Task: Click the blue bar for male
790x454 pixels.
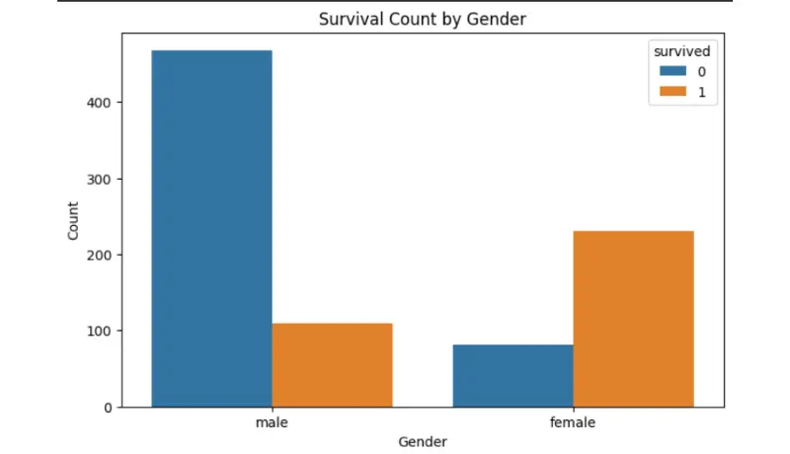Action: (211, 229)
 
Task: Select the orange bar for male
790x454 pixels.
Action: (332, 365)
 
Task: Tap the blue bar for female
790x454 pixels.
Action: (513, 375)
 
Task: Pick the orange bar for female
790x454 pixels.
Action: (633, 319)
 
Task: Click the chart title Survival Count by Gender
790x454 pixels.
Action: (423, 19)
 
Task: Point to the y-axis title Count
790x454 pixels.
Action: (73, 221)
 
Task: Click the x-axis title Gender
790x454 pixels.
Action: (423, 441)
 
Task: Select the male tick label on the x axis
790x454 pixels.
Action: (272, 421)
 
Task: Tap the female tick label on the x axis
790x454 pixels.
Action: (573, 421)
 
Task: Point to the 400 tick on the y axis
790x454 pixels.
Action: (98, 103)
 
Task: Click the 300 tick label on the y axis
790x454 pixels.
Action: (98, 180)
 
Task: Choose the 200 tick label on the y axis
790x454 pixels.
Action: (98, 255)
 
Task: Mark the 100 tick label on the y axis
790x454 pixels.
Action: (98, 331)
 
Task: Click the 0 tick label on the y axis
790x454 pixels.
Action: (108, 408)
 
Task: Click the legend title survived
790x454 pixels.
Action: (682, 51)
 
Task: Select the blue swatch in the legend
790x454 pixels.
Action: (673, 71)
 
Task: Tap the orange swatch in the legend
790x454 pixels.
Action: (673, 91)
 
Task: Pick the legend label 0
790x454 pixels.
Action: (702, 72)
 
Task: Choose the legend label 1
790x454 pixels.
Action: (702, 92)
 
